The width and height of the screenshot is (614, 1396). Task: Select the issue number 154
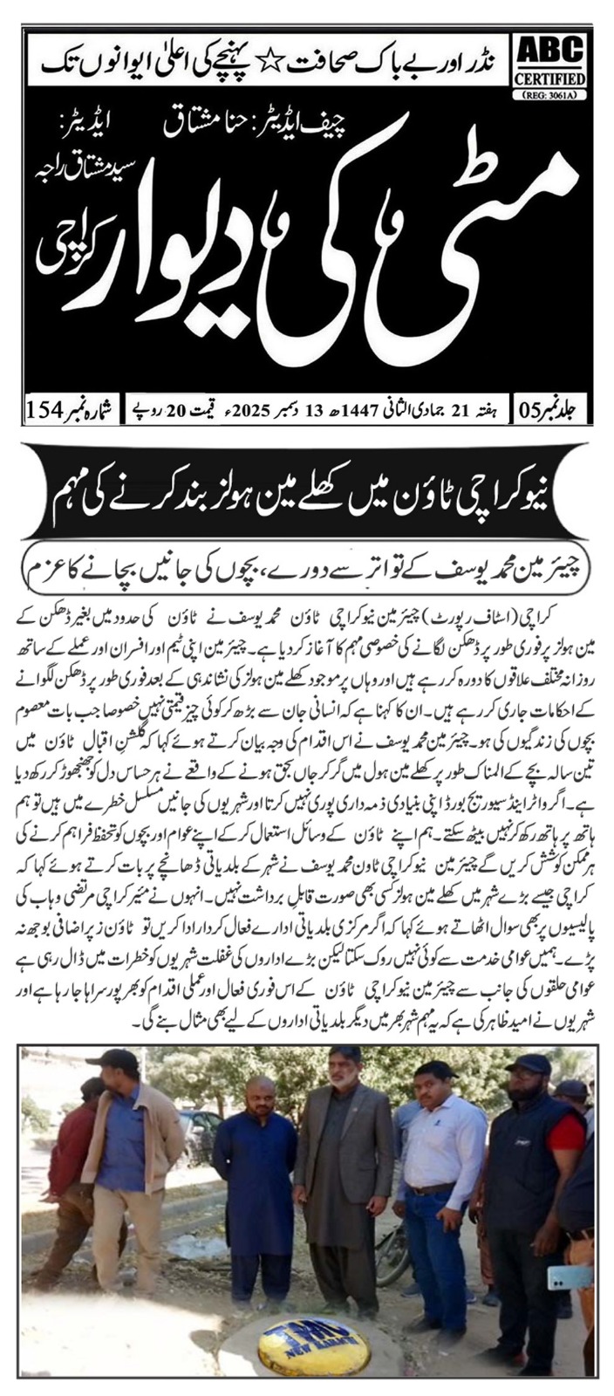[52, 408]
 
